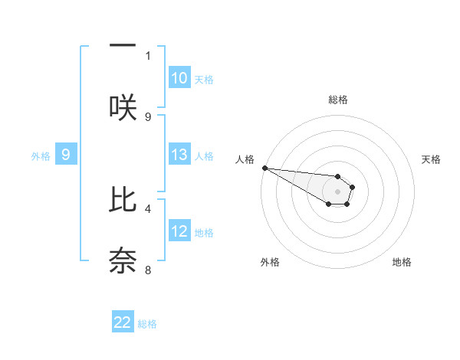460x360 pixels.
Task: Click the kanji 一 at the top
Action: [x=123, y=44]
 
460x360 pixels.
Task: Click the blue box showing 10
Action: [x=179, y=78]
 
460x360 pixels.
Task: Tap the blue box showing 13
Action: [x=179, y=155]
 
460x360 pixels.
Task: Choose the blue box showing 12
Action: [x=179, y=231]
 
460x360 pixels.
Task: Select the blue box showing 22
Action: [x=123, y=323]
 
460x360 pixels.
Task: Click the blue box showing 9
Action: [x=66, y=155]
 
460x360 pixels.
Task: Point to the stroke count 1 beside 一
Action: [x=148, y=55]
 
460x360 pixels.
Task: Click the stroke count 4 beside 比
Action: [x=148, y=208]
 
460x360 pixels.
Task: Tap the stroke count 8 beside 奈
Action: [x=148, y=270]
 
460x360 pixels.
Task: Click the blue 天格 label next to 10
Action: [x=204, y=79]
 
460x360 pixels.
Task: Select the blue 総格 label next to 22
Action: [x=147, y=324]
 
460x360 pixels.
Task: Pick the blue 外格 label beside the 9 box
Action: [x=41, y=155]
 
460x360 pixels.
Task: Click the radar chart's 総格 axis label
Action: [x=337, y=100]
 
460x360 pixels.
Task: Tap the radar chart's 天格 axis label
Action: [x=431, y=159]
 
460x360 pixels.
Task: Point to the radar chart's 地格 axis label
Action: [x=402, y=262]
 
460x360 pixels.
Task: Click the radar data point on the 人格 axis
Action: [x=264, y=168]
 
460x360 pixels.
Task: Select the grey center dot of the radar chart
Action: [x=337, y=191]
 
